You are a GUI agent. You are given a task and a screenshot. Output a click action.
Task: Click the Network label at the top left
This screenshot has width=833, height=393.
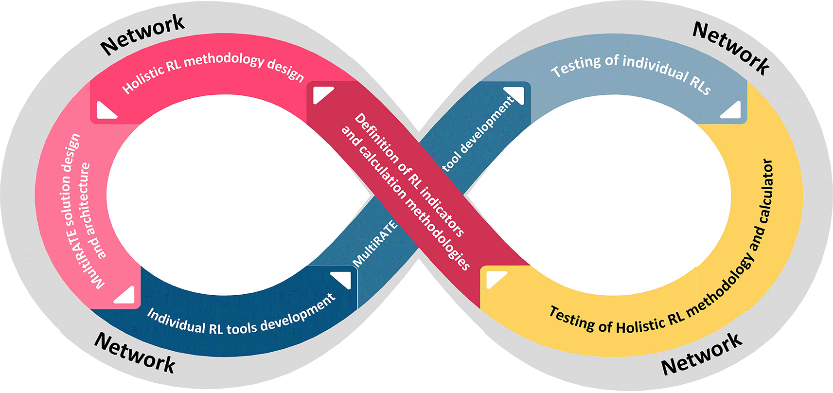[x=143, y=34]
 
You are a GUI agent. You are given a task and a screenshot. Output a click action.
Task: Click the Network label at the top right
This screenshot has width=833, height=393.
[x=731, y=48]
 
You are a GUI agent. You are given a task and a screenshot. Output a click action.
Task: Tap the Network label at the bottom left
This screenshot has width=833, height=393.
[x=135, y=353]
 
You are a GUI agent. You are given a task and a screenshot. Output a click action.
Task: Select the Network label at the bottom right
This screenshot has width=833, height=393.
[x=702, y=355]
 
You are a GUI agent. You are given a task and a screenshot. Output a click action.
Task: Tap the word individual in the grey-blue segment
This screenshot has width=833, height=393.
[x=655, y=68]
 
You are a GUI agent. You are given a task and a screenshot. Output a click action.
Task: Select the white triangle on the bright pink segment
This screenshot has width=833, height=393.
[x=106, y=110]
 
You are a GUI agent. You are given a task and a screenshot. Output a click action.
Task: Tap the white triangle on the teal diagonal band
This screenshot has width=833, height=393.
[x=514, y=95]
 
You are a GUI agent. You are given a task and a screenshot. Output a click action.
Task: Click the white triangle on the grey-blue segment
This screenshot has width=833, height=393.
[x=731, y=110]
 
